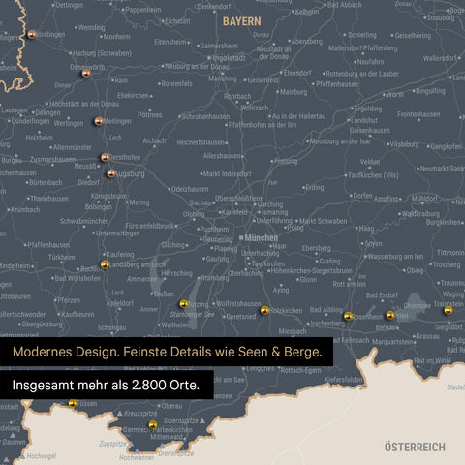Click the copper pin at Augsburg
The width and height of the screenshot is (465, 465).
pos(111,174)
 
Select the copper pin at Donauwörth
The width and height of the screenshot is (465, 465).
pos(86,72)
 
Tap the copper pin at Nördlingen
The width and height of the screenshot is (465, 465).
pos(32,35)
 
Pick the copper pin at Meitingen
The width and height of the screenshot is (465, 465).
pos(99,121)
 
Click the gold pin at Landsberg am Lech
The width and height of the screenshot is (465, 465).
pos(105,264)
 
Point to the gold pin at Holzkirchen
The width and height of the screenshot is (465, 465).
pos(264,310)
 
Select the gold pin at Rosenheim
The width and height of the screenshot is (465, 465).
pos(348,316)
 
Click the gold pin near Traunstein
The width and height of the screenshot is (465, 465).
pos(448,310)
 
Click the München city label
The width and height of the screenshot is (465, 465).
pos(261,237)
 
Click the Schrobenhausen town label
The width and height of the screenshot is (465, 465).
pos(204,115)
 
